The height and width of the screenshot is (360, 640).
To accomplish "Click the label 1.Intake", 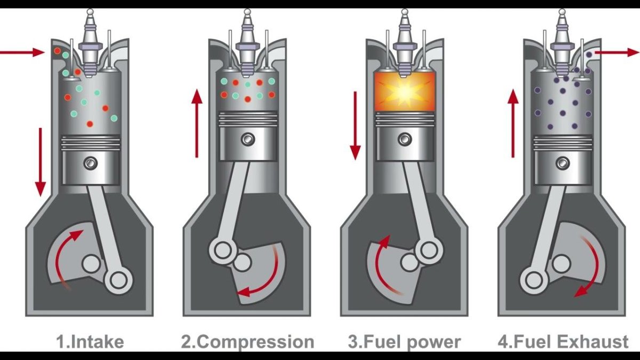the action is pos(90,342).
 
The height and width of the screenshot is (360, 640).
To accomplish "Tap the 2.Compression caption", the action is pos(247,342).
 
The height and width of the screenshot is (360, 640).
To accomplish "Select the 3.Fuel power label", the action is pos(404,342).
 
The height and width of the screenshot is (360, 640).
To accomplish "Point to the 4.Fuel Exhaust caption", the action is pos(563,342).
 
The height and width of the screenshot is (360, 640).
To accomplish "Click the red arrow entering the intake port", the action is pos(22,52).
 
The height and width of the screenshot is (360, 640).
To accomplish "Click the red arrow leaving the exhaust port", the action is pos(617,52).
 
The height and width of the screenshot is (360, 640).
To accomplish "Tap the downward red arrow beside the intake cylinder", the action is pos(41,162).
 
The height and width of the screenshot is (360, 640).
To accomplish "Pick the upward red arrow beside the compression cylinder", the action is pos(197,123).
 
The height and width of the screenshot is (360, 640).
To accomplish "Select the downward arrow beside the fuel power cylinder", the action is pos(355,126).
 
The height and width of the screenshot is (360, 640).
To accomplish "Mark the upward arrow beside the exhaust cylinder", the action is pos(513,123).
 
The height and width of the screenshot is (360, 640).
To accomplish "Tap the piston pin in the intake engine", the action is pos(91,163).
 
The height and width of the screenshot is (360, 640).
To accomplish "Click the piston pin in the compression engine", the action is pos(247,139).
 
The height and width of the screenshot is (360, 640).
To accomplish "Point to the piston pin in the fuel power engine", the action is pos(405,139).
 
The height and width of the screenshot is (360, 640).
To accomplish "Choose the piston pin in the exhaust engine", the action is pos(563,163).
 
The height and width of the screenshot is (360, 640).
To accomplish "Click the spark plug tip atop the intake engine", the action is pos(90,12).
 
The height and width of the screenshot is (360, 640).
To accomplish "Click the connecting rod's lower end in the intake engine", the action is pos(118,279).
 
